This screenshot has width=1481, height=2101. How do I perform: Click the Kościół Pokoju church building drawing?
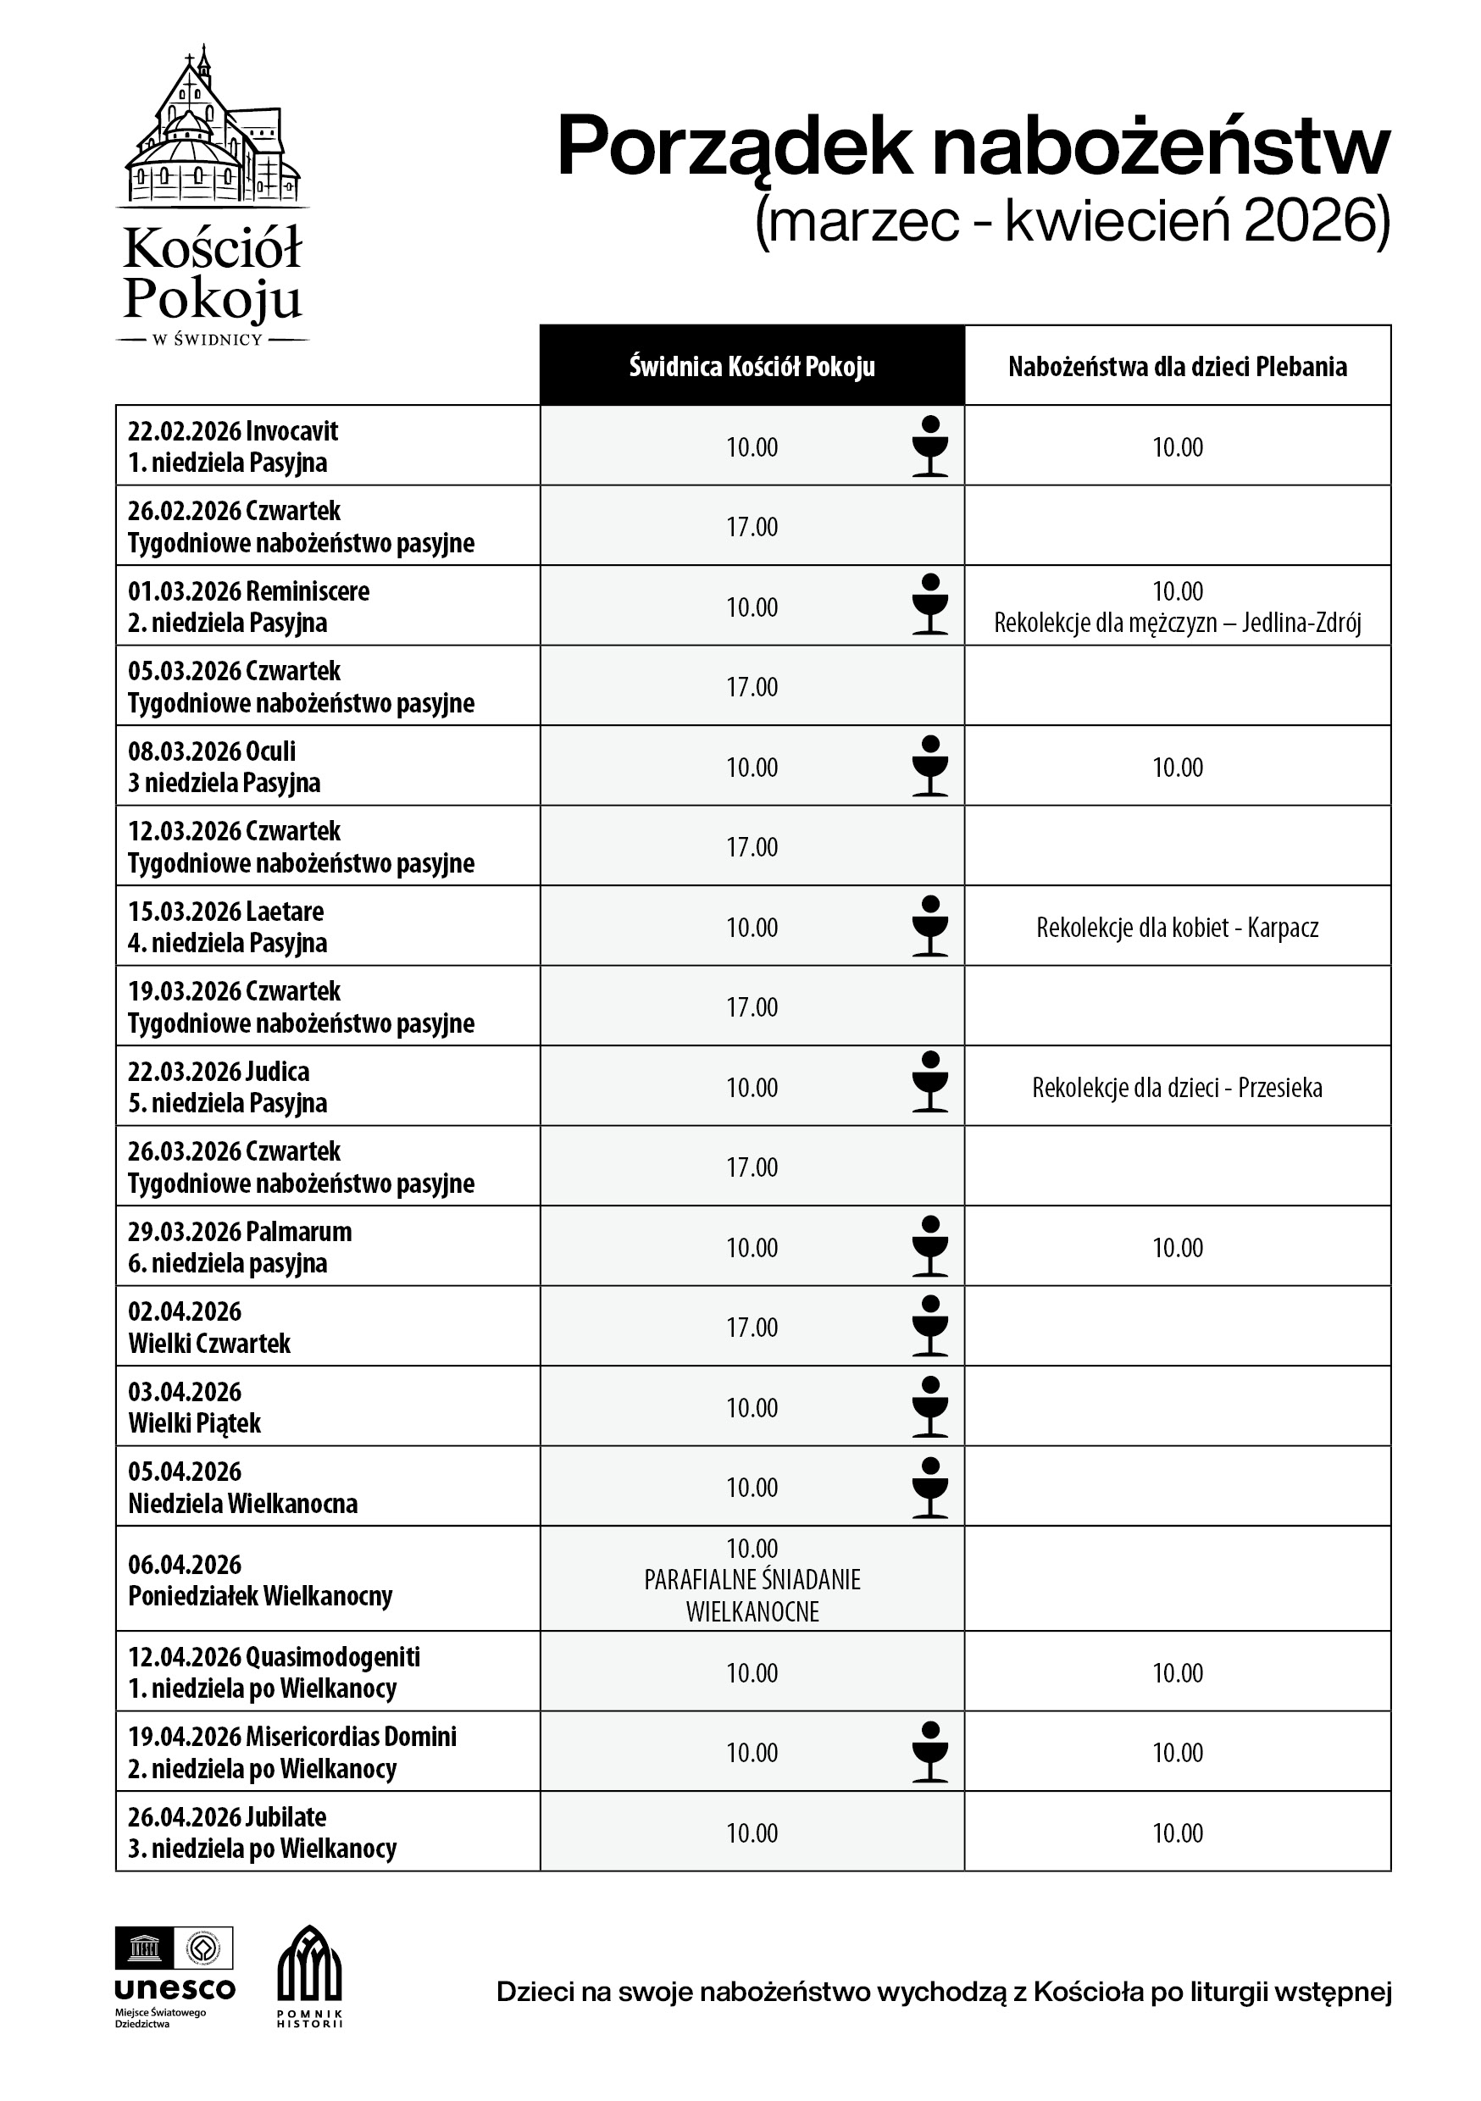(213, 128)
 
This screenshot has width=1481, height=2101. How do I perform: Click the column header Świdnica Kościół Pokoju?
(752, 366)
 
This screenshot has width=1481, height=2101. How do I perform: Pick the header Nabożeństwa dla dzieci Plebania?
(1177, 366)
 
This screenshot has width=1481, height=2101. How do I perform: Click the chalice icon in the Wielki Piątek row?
(930, 1406)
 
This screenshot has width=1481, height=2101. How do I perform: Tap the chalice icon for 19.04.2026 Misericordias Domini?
(930, 1751)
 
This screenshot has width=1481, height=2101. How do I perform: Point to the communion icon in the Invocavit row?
(930, 446)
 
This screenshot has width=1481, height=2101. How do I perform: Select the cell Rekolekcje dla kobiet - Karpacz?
(1177, 927)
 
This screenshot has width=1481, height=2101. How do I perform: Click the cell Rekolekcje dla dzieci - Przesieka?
(1177, 1087)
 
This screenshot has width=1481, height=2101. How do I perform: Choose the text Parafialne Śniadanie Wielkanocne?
(752, 1595)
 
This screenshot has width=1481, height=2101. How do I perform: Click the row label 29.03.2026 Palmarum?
(240, 1232)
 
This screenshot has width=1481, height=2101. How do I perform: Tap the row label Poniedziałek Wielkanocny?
(260, 1596)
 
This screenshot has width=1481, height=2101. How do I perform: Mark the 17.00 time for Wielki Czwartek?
(752, 1327)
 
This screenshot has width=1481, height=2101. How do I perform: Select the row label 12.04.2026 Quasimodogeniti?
(274, 1656)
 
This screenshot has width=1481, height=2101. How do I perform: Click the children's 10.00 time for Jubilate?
(1177, 1833)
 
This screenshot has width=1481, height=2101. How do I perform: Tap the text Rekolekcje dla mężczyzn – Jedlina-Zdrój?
(1177, 624)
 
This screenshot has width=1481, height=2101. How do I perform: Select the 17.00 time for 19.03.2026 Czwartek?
(752, 1006)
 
